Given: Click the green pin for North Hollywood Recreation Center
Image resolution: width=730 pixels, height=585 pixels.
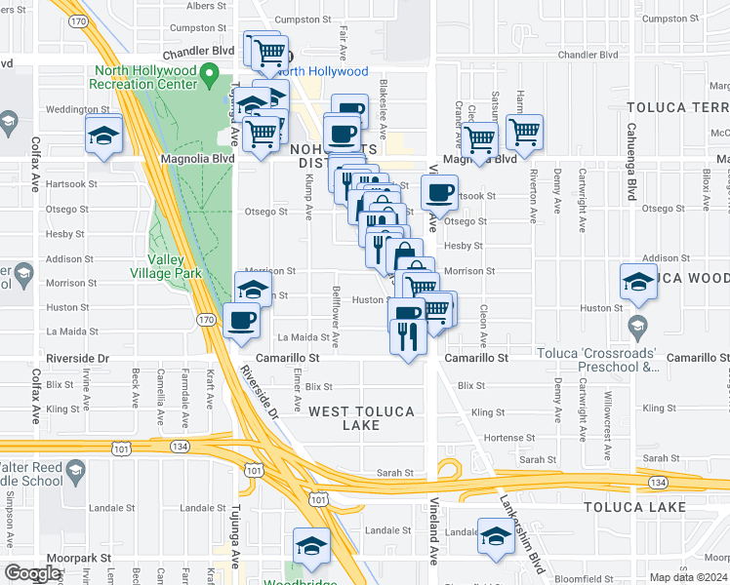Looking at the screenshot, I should click(x=207, y=73).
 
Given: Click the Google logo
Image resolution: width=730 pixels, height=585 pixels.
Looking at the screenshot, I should click(x=33, y=573).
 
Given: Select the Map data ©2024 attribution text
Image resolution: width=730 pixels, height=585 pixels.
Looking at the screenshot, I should click(x=689, y=577).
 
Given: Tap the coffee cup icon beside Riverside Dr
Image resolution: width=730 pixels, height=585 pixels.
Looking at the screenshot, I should click(x=241, y=319).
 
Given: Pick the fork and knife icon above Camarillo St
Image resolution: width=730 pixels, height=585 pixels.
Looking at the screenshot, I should click(x=406, y=336).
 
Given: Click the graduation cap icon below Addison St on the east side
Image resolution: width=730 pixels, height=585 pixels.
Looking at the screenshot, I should click(x=639, y=282).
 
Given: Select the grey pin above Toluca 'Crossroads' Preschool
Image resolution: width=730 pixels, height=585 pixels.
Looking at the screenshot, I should click(x=638, y=325).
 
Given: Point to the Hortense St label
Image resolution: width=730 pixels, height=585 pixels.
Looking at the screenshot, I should click(x=504, y=437).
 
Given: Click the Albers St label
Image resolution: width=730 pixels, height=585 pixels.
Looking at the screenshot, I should click(x=185, y=6).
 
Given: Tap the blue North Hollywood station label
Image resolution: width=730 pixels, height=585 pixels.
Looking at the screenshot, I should click(x=321, y=71).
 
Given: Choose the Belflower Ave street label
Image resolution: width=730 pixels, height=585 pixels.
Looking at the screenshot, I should click(x=335, y=318).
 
